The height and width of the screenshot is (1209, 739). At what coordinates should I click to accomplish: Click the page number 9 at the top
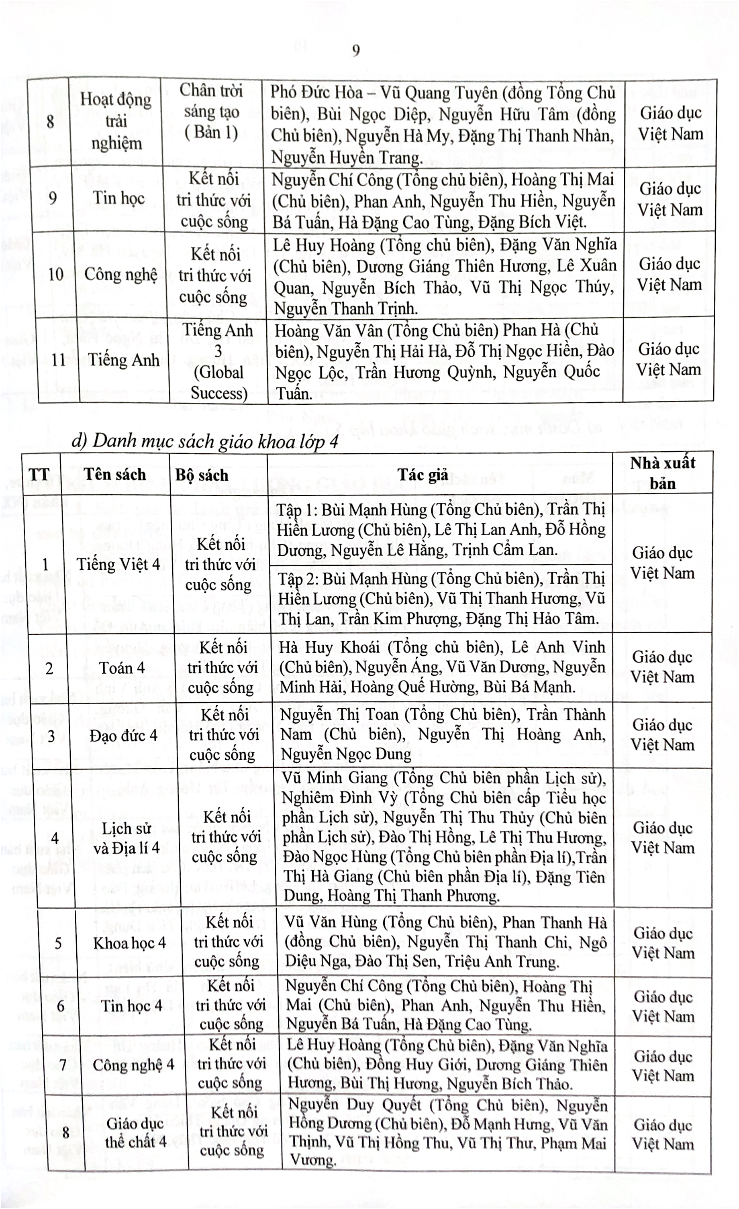356,51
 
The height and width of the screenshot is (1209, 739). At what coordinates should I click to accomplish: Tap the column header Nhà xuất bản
662,473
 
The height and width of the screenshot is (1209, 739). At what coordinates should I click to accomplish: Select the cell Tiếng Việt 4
118,564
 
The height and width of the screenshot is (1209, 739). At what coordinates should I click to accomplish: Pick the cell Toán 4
122,668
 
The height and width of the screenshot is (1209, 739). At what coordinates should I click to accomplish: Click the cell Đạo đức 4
123,736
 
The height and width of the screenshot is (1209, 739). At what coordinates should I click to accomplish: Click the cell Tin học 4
131,1005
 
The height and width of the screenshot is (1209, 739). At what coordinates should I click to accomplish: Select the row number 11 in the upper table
58,360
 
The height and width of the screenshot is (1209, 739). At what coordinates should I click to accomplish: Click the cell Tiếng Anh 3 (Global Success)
218,361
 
